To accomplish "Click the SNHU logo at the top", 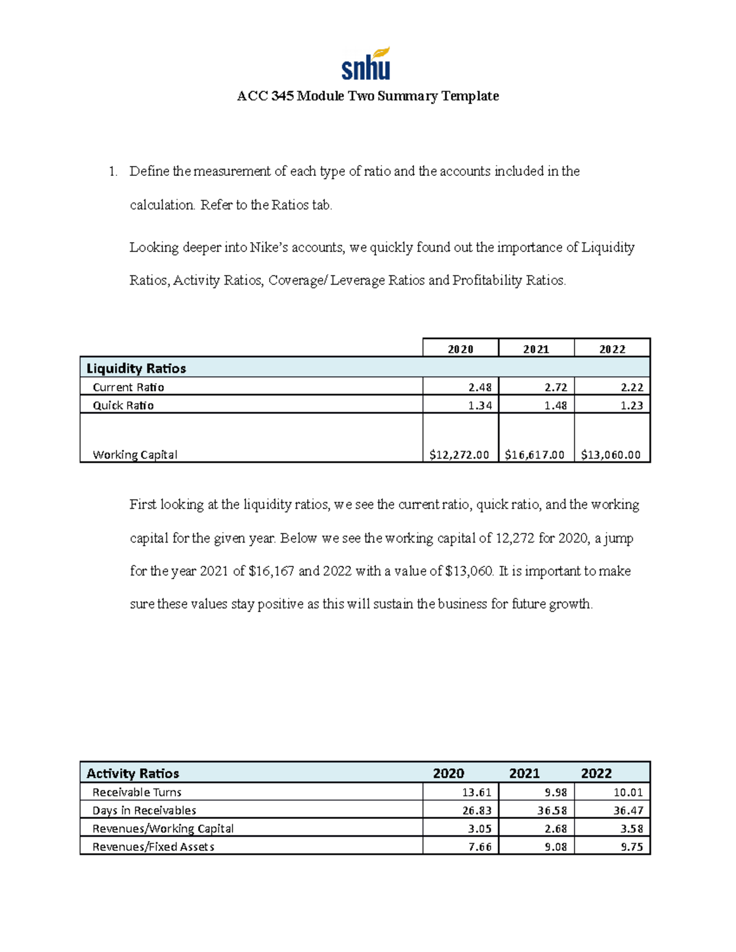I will click(x=366, y=64).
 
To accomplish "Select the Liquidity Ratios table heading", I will click(x=136, y=368).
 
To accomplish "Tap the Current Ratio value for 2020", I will click(x=480, y=387).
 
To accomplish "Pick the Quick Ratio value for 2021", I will click(x=555, y=405).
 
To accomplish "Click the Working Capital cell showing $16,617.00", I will click(x=535, y=455).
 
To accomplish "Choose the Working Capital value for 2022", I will click(x=610, y=455).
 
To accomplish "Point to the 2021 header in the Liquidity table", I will click(x=535, y=349).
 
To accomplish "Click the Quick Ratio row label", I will click(x=123, y=405).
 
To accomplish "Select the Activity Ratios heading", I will click(x=132, y=774).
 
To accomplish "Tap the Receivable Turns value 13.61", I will click(x=477, y=793).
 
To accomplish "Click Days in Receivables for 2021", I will click(x=552, y=810).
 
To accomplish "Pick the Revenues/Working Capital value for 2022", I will click(x=631, y=829).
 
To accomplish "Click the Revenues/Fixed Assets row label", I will click(x=153, y=847).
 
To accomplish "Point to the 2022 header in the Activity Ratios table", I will click(x=596, y=774).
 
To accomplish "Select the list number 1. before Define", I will click(x=113, y=172).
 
